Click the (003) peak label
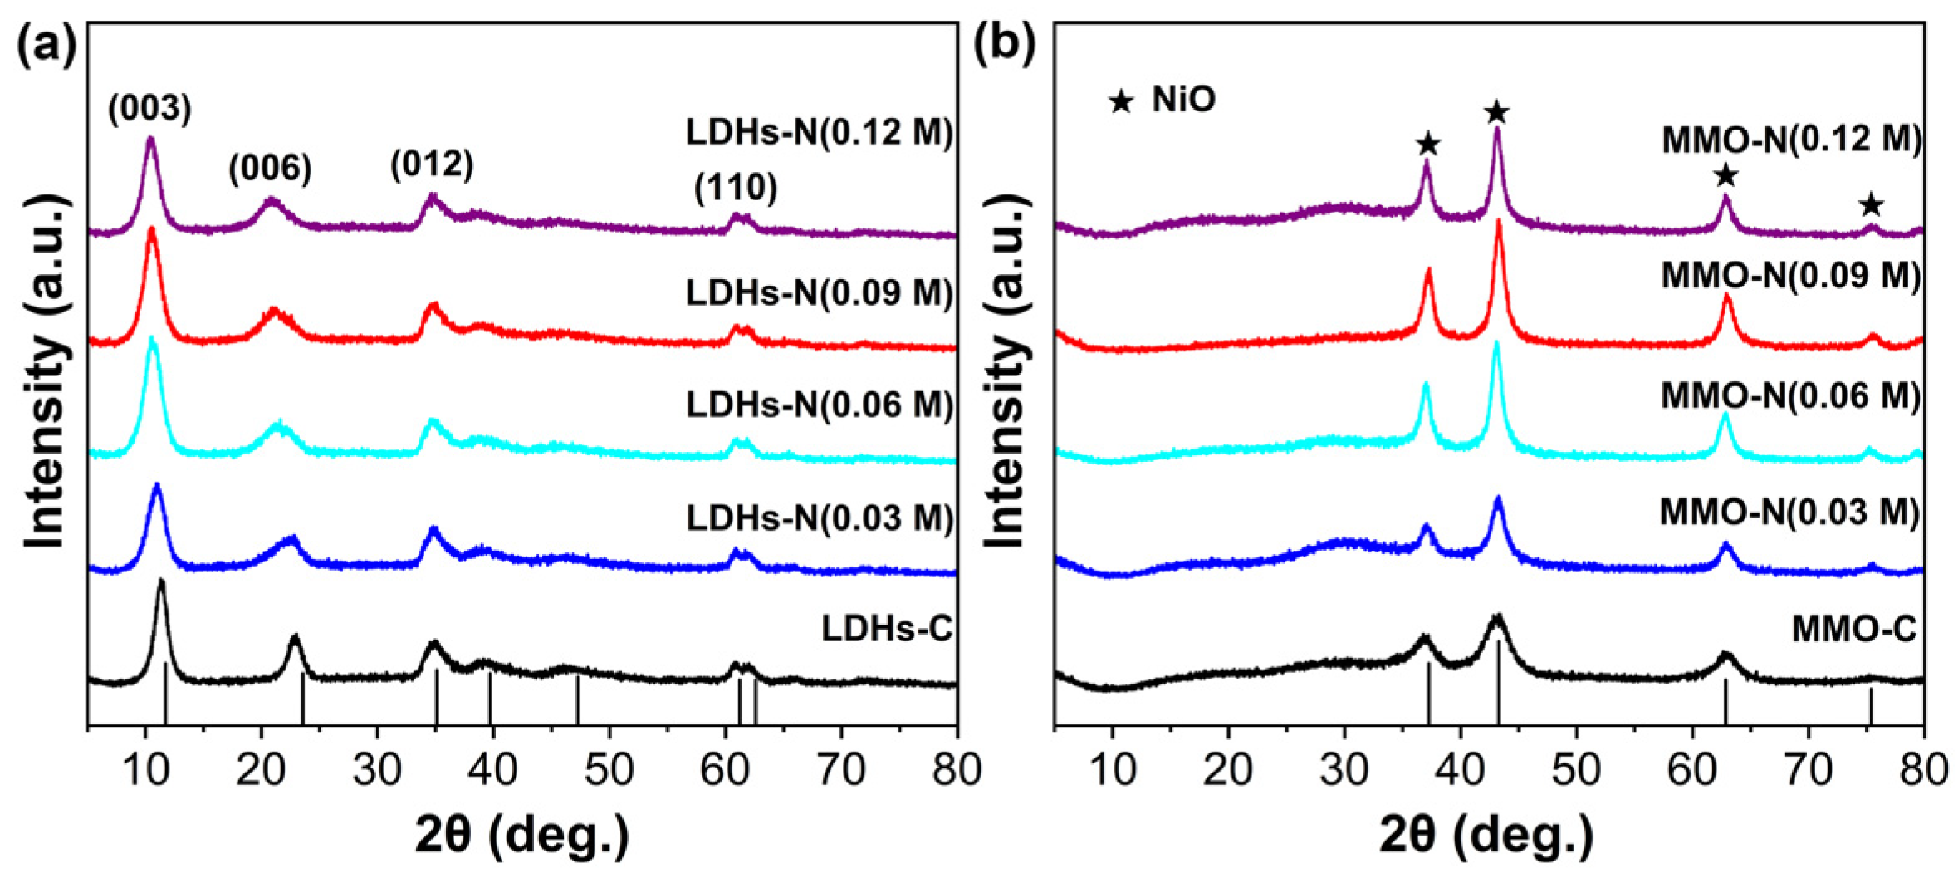click(149, 108)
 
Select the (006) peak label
click(270, 169)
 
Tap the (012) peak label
click(432, 164)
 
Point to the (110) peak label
click(736, 188)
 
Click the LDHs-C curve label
click(887, 629)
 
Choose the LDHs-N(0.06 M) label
click(820, 405)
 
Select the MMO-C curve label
click(1854, 629)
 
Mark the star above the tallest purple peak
click(1496, 111)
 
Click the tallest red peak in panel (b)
click(1499, 223)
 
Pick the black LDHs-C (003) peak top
click(161, 581)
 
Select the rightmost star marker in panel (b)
click(1870, 204)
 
